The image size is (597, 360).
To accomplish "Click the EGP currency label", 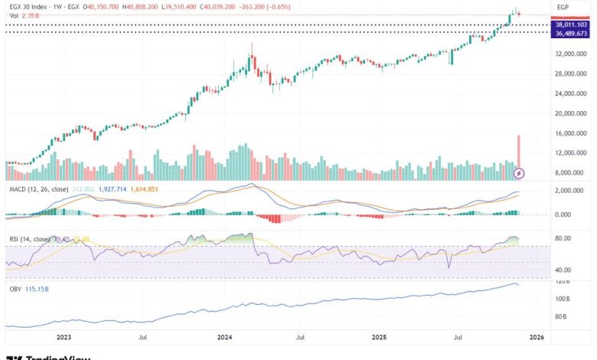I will point(563,7).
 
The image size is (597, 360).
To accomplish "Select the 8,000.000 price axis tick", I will point(573,173).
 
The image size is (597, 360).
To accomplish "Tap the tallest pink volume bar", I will point(519,150).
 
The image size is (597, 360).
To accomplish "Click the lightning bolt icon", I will point(520,175).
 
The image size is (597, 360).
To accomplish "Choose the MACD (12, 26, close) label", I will point(39,189).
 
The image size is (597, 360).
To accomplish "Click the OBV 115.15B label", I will point(28,290).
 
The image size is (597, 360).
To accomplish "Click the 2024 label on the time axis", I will point(225,336).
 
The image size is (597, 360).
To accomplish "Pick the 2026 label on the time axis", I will point(537,336).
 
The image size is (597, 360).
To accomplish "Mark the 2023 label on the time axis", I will point(64,336).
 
